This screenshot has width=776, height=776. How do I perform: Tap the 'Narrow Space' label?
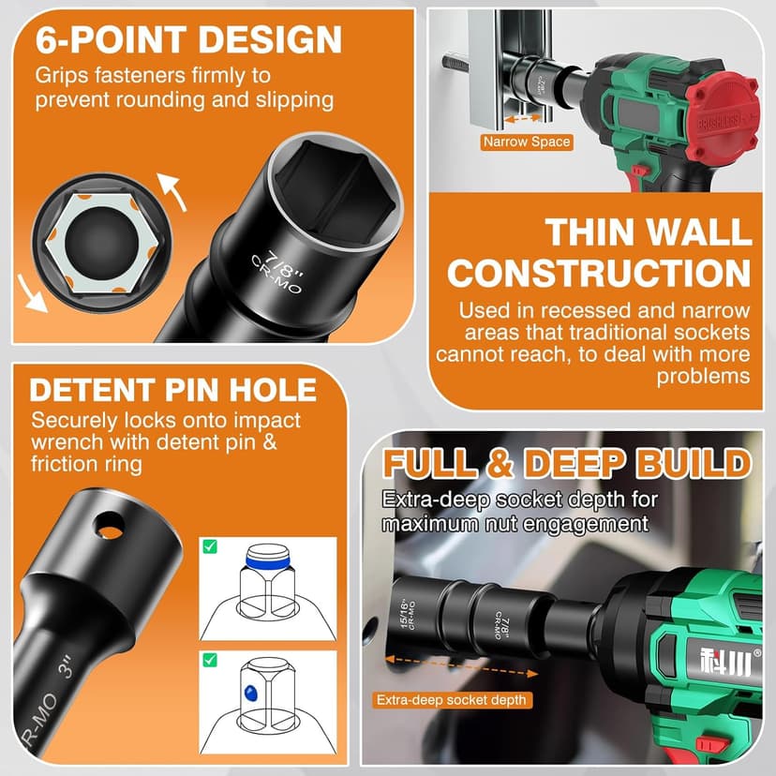pyautogui.click(x=526, y=142)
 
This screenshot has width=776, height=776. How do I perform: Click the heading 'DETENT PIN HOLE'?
pyautogui.click(x=173, y=390)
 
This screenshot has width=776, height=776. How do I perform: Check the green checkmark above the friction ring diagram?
pyautogui.click(x=210, y=546)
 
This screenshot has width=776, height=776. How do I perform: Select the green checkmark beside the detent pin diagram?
pyautogui.click(x=210, y=660)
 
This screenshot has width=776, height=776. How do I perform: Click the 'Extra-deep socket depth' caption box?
pyautogui.click(x=453, y=700)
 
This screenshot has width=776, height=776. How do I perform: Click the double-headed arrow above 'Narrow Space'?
pyautogui.click(x=525, y=119)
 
